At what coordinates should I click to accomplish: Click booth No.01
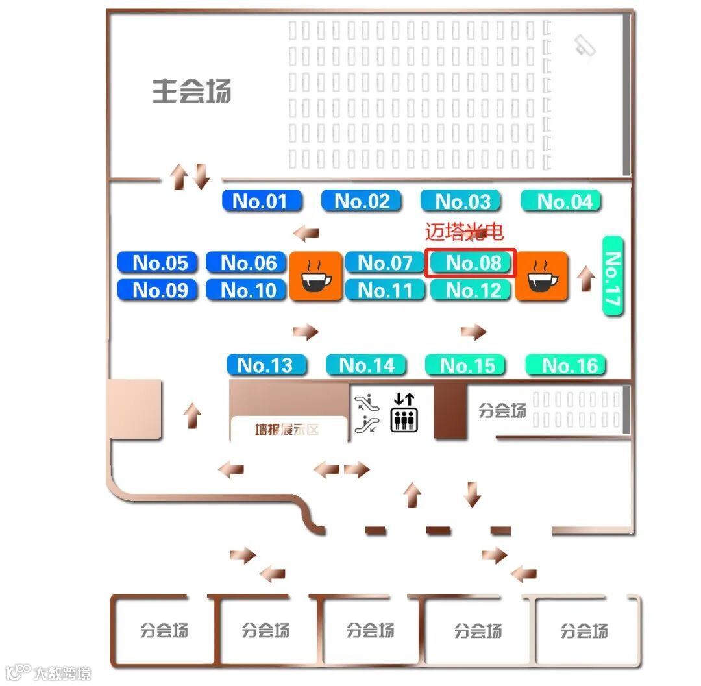click(262, 201)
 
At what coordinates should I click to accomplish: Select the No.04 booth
click(561, 201)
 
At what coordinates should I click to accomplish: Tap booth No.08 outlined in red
click(471, 263)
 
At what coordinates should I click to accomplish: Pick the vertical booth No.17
click(613, 276)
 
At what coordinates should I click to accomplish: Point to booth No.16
click(565, 365)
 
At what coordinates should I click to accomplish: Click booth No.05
click(157, 263)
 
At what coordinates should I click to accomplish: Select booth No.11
click(385, 290)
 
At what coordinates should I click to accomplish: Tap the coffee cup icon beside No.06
click(315, 276)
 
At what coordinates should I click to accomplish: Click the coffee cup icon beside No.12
click(542, 276)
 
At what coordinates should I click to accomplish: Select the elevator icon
click(404, 413)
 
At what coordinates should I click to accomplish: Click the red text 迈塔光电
click(464, 232)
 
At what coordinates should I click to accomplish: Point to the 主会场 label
click(192, 92)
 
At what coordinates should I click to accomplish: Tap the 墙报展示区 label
click(287, 430)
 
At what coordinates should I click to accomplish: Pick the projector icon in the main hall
click(585, 45)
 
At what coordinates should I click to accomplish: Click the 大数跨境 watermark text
click(62, 672)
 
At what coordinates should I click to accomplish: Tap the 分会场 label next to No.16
click(502, 410)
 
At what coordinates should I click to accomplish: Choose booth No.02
click(362, 201)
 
